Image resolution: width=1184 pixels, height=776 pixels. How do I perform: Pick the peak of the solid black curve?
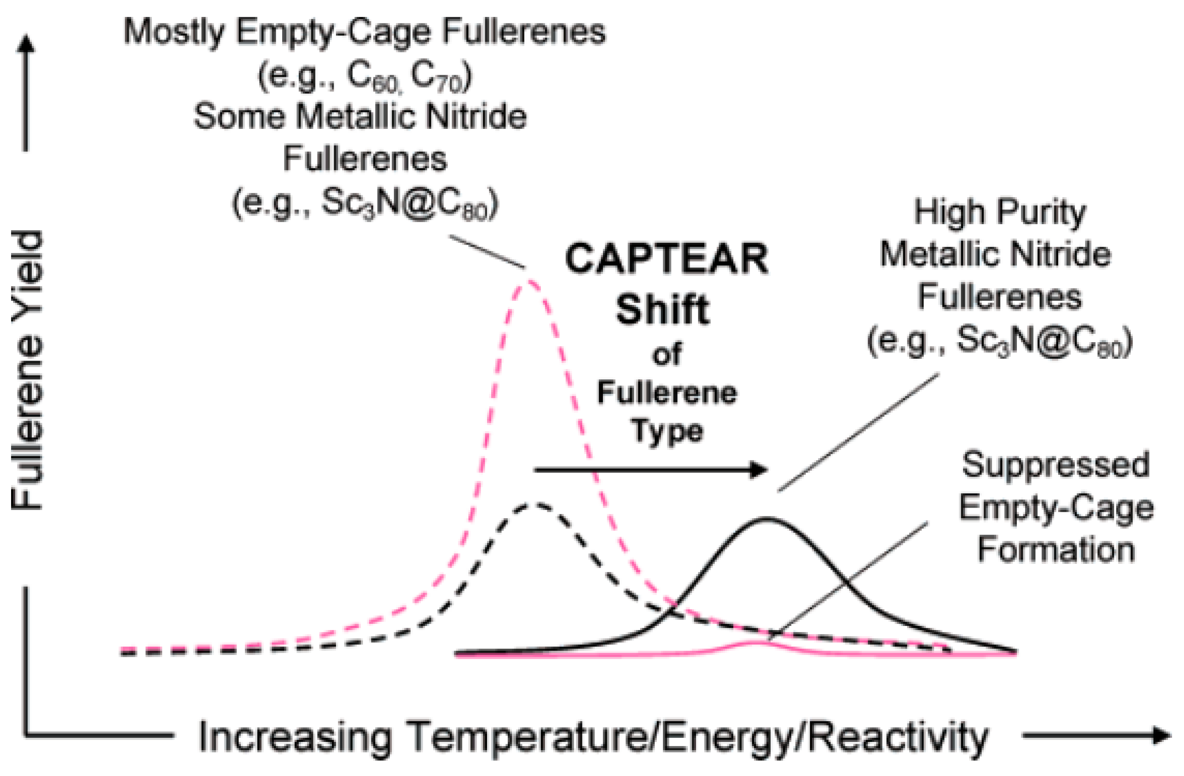tap(766, 519)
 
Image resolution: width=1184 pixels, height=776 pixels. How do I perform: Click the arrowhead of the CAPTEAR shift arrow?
tap(759, 469)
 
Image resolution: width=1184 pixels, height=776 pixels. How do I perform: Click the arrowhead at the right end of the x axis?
tap(1161, 735)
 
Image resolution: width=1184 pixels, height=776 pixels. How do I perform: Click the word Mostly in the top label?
tap(174, 32)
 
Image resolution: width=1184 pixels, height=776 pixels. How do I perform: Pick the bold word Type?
tap(667, 431)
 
